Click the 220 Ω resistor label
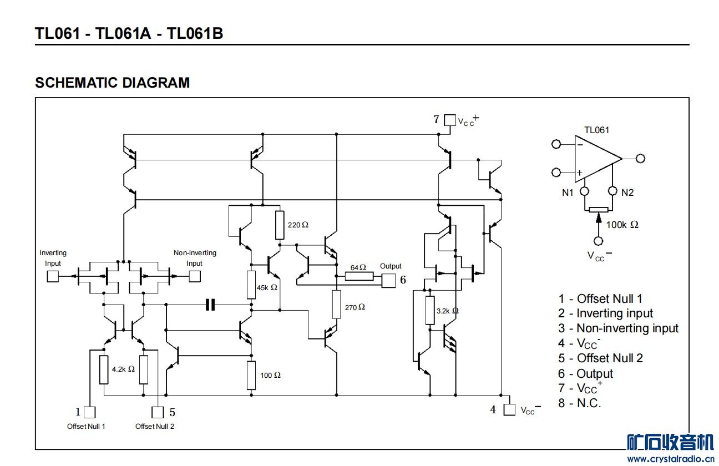298,225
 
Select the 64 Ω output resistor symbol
359,276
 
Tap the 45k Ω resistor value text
266,288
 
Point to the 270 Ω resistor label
355,307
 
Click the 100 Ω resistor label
270,375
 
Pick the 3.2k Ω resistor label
447,311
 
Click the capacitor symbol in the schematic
210,305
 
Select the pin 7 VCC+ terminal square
450,120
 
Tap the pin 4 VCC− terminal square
509,410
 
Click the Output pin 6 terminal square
389,281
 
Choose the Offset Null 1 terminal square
89,412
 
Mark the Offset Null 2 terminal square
158,412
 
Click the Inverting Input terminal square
53,276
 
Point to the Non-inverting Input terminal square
195,276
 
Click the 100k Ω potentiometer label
622,225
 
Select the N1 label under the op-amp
568,193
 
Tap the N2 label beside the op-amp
627,193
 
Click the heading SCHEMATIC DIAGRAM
112,83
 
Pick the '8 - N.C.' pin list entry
580,403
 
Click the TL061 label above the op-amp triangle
596,130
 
